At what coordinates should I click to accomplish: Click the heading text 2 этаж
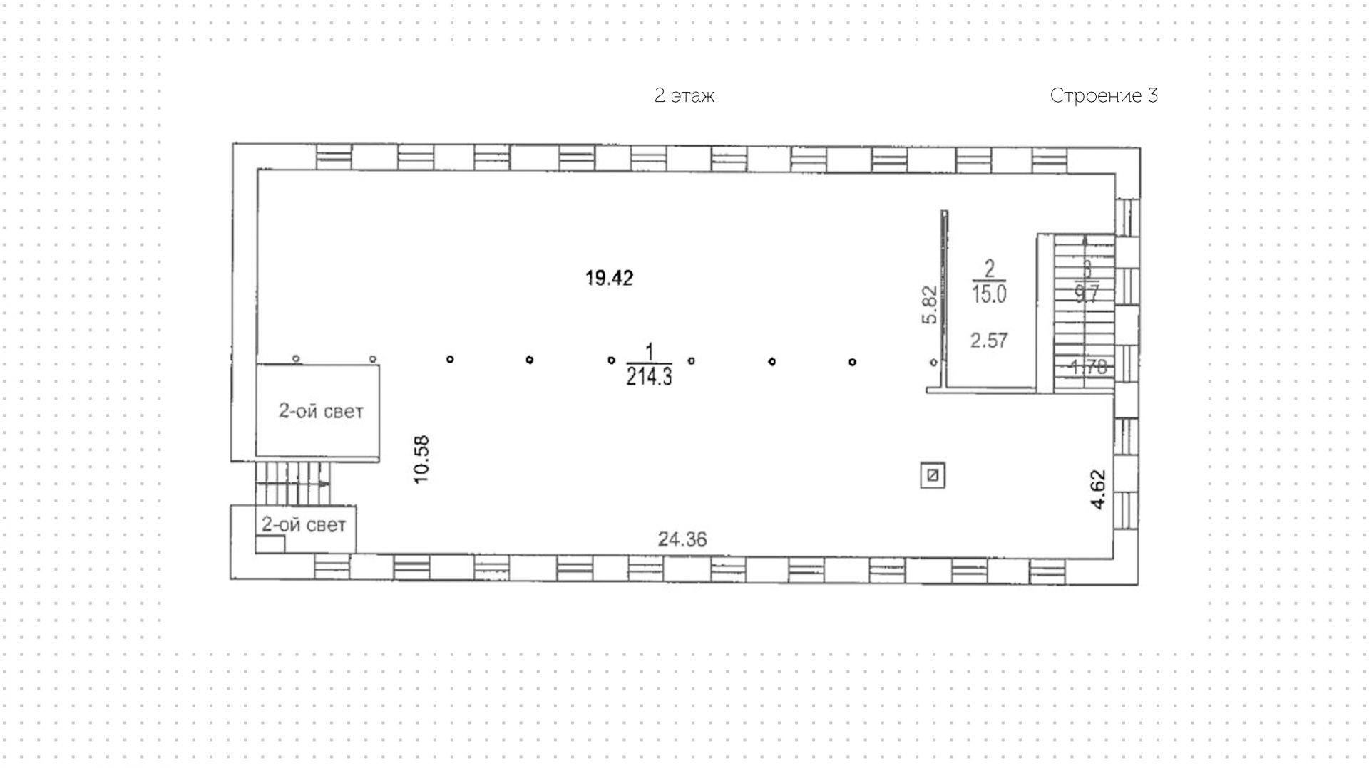pos(684,95)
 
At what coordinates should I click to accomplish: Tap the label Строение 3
pos(1103,95)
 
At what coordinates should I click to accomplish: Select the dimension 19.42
pos(609,278)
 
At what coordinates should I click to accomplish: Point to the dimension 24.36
pos(682,540)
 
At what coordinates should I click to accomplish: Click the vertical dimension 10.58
pos(421,460)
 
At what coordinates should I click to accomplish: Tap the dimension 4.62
pos(1098,489)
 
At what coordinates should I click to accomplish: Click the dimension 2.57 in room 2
pos(989,341)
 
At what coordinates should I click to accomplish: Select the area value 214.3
pos(649,377)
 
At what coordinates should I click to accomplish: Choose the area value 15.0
pos(989,294)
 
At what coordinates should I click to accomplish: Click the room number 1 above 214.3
pos(649,352)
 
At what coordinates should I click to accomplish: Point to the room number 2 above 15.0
pos(989,269)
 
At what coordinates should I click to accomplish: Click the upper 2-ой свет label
pos(320,411)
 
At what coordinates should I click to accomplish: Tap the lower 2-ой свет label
pos(304,525)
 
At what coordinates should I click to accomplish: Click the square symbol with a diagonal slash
pos(933,476)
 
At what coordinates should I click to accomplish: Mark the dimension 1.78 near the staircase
pos(1089,368)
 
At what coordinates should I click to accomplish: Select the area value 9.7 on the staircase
pos(1086,294)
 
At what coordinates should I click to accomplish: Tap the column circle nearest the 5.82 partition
pos(933,363)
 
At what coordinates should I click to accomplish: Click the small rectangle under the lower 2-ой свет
pos(270,544)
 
